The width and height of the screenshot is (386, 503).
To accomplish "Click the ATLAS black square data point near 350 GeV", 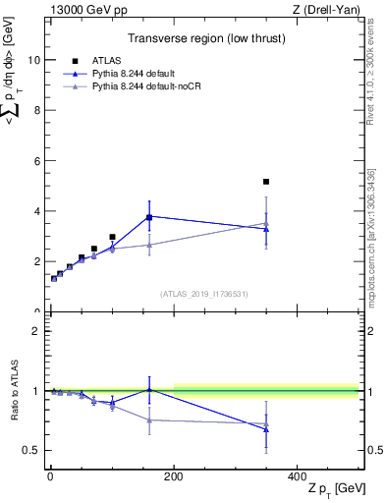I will [x=266, y=182].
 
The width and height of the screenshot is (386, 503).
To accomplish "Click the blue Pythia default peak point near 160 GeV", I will [x=149, y=216].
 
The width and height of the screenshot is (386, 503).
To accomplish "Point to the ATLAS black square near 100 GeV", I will [x=112, y=237].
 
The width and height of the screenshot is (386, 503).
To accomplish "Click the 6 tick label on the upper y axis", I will [x=39, y=160].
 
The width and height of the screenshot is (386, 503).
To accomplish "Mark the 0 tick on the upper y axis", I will [x=39, y=311].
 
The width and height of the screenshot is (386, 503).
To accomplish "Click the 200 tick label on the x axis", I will [x=174, y=475].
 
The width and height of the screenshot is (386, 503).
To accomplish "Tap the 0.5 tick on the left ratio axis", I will [x=34, y=450].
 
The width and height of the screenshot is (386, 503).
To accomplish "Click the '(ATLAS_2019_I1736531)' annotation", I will [x=203, y=294].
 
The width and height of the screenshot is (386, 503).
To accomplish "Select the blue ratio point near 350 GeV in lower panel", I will [x=266, y=429].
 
